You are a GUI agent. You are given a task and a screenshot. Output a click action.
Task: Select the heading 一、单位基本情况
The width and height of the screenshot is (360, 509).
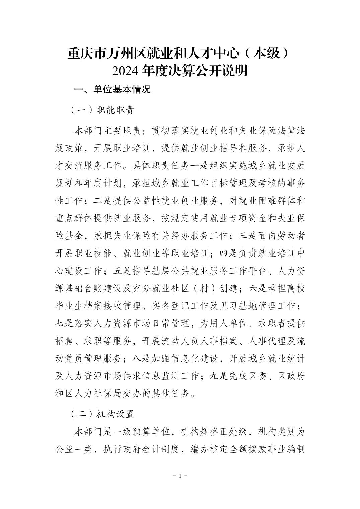click(112, 89)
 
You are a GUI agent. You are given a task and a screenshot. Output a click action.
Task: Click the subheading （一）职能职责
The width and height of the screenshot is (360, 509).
click(102, 110)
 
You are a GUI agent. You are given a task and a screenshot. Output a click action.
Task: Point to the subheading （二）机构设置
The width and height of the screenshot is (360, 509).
click(102, 414)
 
